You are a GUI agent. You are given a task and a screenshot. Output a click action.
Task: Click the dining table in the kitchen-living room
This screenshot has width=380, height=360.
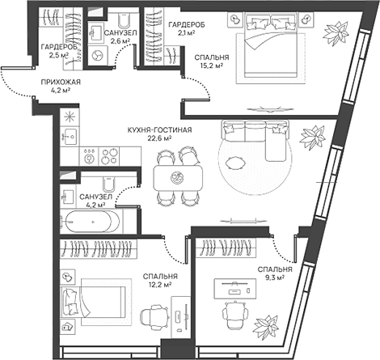coord(177,176)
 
